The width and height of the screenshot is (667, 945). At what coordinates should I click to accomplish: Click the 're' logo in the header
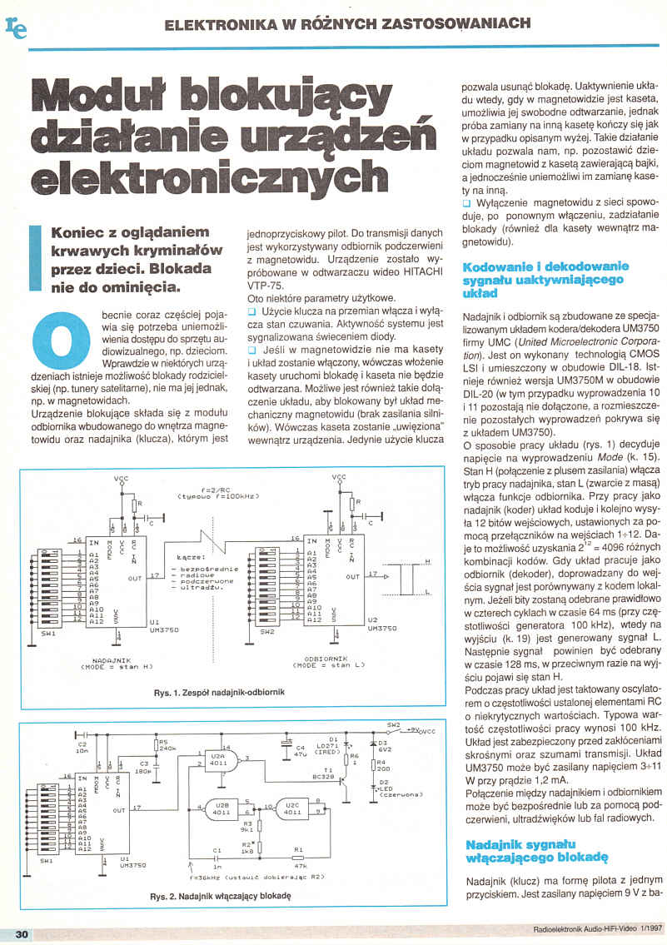click(16, 28)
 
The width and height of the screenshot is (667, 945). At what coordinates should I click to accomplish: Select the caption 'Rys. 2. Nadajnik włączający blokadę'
click(221, 898)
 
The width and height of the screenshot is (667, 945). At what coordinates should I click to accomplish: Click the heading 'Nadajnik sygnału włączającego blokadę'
click(537, 855)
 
